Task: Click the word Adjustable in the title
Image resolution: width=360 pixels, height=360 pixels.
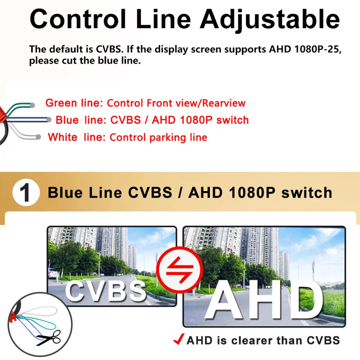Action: pyautogui.click(x=270, y=20)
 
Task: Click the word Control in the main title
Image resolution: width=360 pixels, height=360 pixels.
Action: pyautogui.click(x=78, y=19)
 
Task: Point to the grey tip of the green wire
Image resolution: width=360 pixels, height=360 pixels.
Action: pyautogui.click(x=32, y=105)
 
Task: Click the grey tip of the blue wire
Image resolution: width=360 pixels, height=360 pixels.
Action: pyautogui.click(x=49, y=120)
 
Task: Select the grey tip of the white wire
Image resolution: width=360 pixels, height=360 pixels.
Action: pyautogui.click(x=39, y=137)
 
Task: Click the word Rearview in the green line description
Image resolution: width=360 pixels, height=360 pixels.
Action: pyautogui.click(x=224, y=103)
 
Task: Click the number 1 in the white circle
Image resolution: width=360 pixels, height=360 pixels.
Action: pyautogui.click(x=25, y=193)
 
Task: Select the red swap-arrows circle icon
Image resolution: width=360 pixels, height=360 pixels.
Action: pyautogui.click(x=180, y=270)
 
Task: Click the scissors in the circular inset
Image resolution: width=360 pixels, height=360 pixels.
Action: pyautogui.click(x=49, y=338)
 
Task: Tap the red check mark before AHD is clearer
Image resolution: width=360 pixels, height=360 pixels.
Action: pyautogui.click(x=179, y=339)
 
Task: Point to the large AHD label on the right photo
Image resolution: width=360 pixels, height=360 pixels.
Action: pyautogui.click(x=264, y=300)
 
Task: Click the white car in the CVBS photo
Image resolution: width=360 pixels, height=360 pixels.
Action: pyautogui.click(x=53, y=273)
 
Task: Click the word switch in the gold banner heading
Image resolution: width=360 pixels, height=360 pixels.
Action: pyautogui.click(x=307, y=193)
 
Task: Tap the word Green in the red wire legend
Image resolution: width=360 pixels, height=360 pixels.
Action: pyautogui.click(x=61, y=103)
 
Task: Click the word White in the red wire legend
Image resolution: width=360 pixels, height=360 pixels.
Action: pyautogui.click(x=63, y=137)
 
